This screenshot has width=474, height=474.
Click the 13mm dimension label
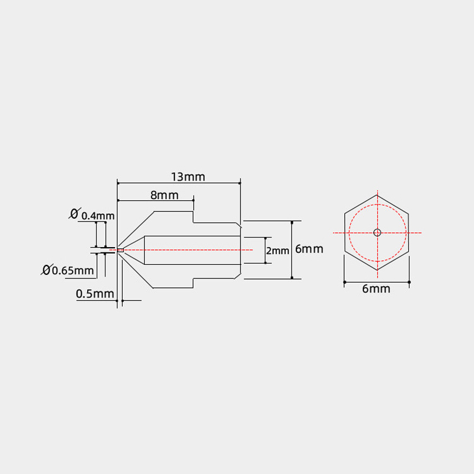pyautogui.click(x=188, y=177)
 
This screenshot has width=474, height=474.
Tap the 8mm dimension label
pyautogui.click(x=165, y=196)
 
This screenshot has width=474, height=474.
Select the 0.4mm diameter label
pyautogui.click(x=98, y=216)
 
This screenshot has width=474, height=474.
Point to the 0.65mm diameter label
pyautogui.click(x=72, y=270)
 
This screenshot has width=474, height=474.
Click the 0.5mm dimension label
pyautogui.click(x=95, y=294)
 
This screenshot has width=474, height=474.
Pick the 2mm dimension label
pyautogui.click(x=277, y=251)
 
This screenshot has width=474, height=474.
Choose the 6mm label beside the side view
pyautogui.click(x=309, y=249)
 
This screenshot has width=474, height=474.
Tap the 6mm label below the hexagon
pyautogui.click(x=376, y=289)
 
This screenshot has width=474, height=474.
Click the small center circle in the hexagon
pyautogui.click(x=377, y=232)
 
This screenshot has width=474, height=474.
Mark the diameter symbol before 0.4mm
pyautogui.click(x=75, y=213)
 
